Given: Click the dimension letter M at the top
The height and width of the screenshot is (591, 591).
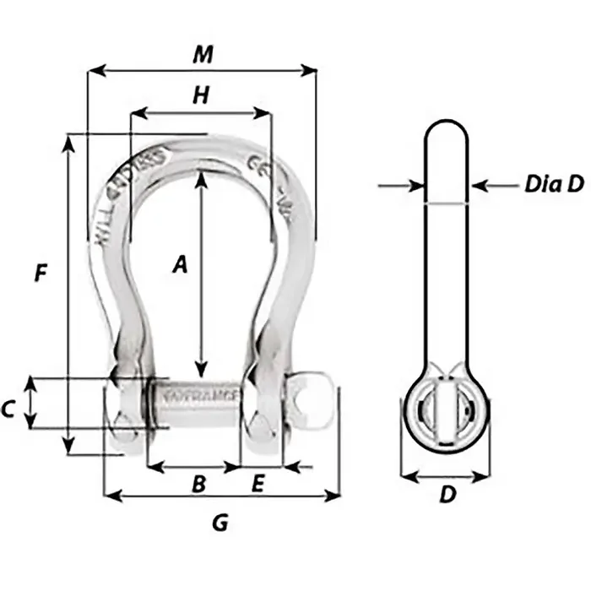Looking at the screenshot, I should click(201, 54).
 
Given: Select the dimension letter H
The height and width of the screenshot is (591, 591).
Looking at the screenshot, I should click(200, 96).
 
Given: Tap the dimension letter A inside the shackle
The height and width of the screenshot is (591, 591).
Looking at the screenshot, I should click(178, 265).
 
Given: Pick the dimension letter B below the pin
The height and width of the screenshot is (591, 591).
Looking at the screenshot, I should click(198, 484).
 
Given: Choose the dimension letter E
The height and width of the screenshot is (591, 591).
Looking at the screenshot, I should click(258, 484).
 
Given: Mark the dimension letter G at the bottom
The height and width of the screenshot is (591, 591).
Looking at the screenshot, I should click(220, 523).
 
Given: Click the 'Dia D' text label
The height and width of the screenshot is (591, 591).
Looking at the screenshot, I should click(554, 185).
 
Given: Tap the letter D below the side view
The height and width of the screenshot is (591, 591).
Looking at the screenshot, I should click(446, 496).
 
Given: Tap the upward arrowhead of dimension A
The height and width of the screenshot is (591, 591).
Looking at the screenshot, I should click(201, 178).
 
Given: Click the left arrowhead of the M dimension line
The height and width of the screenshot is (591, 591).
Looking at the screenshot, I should click(93, 72).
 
